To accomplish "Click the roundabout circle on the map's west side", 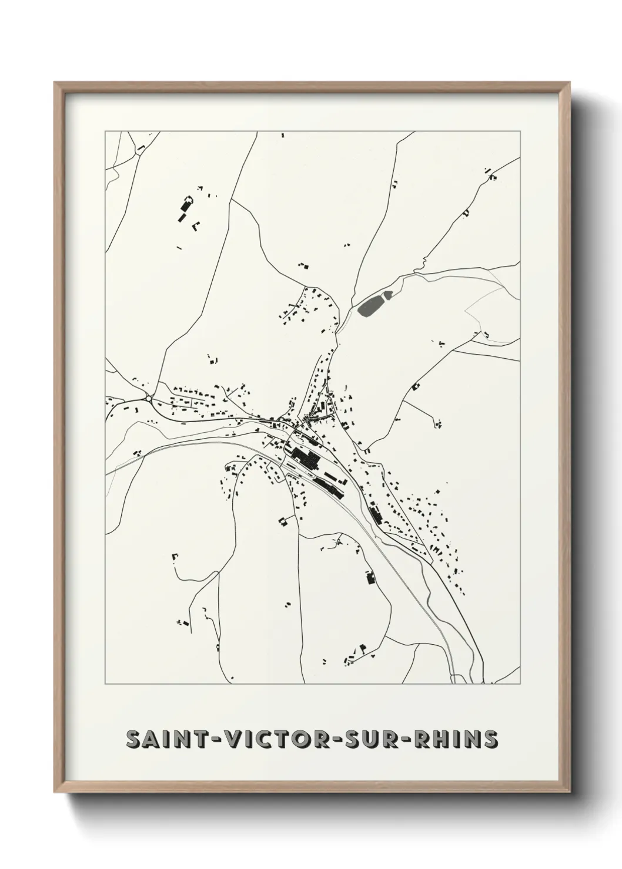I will [x=149, y=399].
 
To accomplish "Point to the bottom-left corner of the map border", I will [x=105, y=684].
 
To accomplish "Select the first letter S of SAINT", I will [x=134, y=739].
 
